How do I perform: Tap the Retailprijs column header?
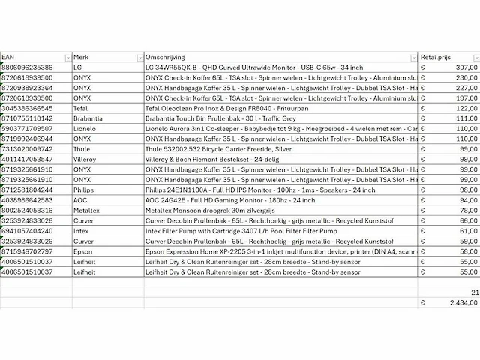click(439, 57)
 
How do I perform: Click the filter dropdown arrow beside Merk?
click(140, 58)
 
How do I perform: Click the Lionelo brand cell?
click(84, 129)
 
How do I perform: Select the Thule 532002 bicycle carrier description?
click(210, 150)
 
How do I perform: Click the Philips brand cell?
click(83, 191)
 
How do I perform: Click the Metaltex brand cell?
click(85, 211)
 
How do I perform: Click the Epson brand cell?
click(82, 253)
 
